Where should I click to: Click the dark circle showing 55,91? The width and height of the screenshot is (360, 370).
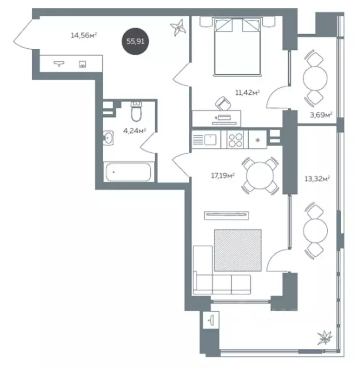(135, 41)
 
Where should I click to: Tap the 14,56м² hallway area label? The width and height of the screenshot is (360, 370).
(84, 35)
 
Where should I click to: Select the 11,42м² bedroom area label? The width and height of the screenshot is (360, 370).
(248, 92)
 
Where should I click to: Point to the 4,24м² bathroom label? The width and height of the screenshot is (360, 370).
(134, 131)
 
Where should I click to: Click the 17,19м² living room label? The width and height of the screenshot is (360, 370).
(223, 176)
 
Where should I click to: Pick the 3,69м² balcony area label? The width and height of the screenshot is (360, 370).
(321, 115)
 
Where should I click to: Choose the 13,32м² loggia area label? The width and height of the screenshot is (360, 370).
(317, 178)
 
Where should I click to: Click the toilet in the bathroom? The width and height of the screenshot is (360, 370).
(136, 111)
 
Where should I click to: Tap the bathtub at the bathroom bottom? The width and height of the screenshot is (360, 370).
(129, 172)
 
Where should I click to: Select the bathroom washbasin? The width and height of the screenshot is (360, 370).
(108, 138)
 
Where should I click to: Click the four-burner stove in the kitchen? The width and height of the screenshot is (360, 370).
(236, 140)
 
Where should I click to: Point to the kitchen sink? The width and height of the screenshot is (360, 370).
(210, 139)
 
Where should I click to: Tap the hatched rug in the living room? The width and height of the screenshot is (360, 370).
(238, 250)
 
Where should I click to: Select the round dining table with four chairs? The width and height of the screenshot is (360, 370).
(260, 175)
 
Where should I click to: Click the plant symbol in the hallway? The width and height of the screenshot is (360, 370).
(178, 27)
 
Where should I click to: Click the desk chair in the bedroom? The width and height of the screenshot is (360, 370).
(223, 103)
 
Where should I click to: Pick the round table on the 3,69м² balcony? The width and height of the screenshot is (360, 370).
(315, 78)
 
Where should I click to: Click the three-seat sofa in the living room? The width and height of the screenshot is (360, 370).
(222, 284)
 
